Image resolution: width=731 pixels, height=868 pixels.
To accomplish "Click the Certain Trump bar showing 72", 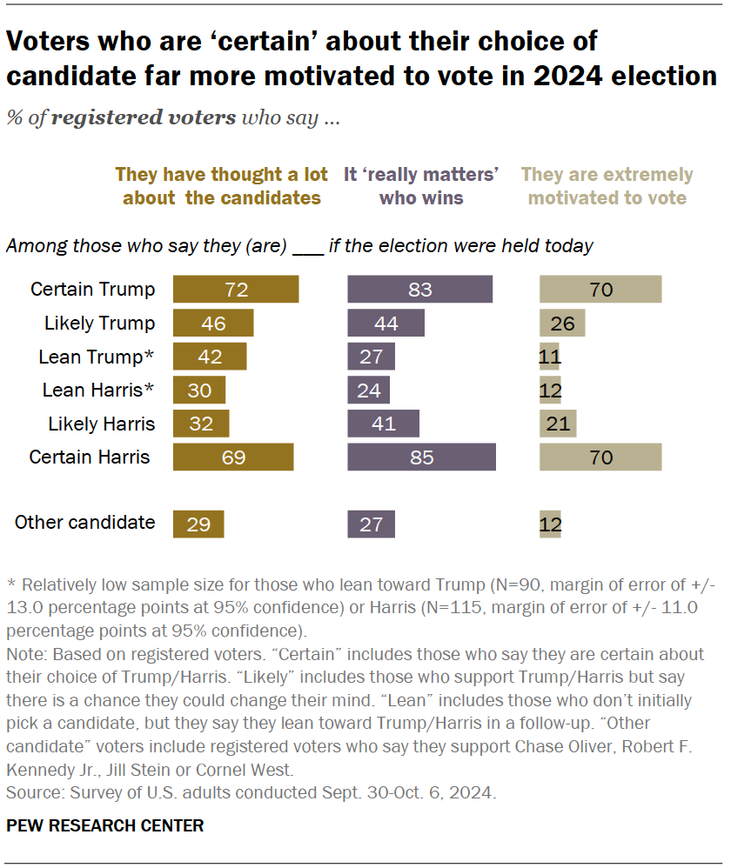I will coord(236,290).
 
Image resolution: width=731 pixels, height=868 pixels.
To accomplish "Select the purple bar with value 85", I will coord(421,457).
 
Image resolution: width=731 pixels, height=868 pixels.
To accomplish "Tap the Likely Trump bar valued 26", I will coord(562,324).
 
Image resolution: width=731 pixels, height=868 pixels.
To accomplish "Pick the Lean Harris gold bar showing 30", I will coord(199,391).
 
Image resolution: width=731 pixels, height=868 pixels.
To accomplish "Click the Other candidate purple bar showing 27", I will coord(371,524).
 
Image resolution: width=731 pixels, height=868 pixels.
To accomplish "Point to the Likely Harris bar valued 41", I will coord(383,424).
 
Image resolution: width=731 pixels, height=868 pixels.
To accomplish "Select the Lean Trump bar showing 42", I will coord(210,357).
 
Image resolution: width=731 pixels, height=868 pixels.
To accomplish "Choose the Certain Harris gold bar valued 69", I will coord(233,457).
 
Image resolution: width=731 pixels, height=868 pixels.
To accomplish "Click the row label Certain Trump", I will coord(92,290).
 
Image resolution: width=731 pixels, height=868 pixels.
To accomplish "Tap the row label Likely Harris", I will coord(100,424).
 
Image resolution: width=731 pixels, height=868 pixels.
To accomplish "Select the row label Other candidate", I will coord(85,523).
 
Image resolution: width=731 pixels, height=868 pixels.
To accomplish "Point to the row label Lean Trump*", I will coord(97,357).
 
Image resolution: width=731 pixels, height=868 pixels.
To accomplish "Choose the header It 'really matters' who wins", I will coord(421,186).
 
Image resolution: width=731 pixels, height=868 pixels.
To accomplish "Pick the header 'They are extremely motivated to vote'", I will coord(607,186).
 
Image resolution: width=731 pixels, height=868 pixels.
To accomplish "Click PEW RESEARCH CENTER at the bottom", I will coord(105,825).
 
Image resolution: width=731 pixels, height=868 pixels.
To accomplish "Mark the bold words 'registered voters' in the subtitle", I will coord(144,118).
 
